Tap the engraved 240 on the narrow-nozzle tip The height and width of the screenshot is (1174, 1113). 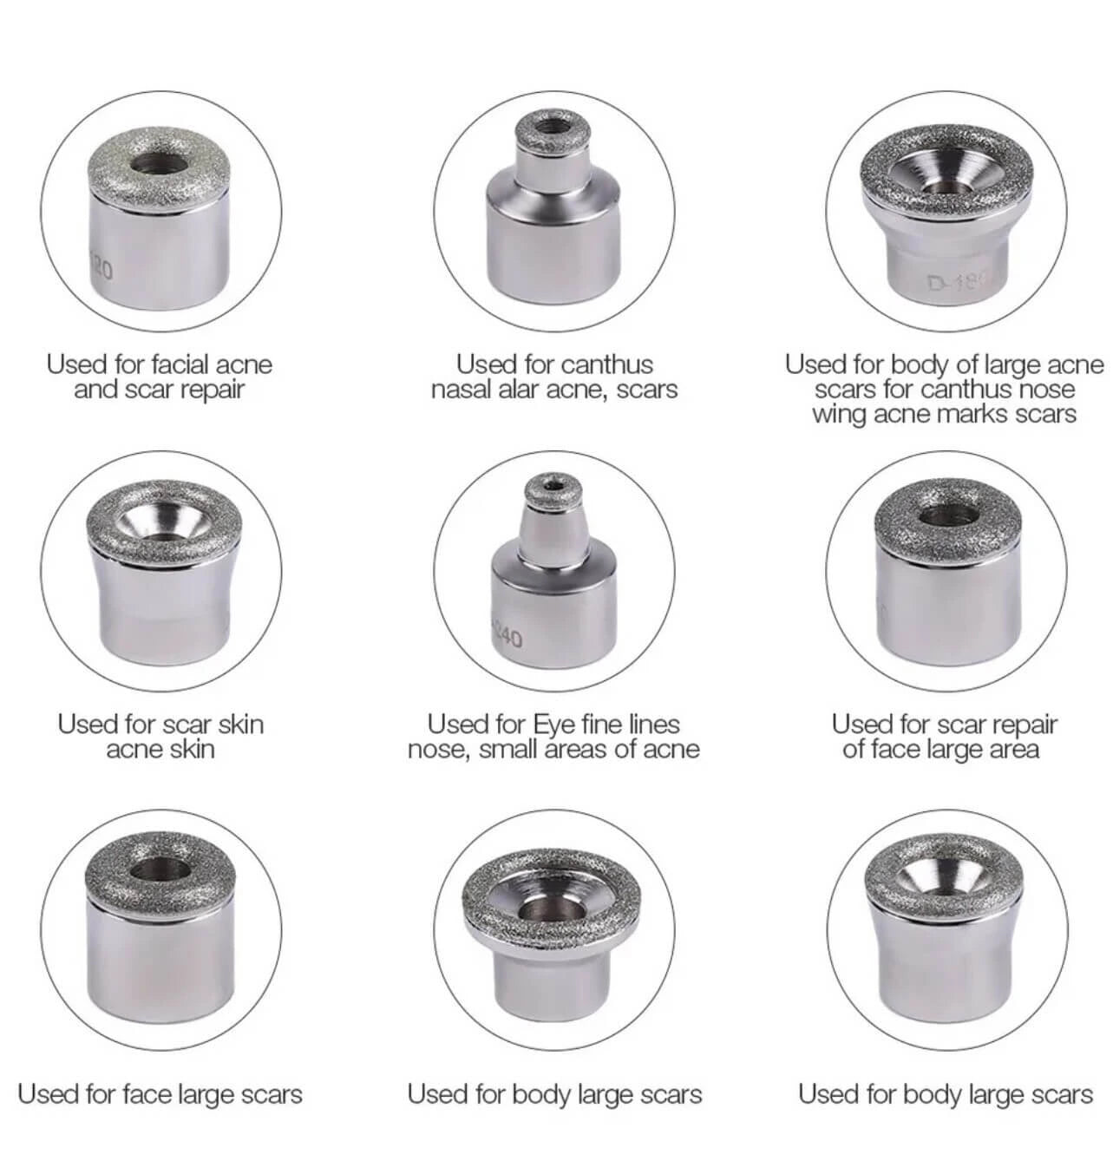tap(507, 638)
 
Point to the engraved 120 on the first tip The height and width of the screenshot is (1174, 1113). tap(101, 269)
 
